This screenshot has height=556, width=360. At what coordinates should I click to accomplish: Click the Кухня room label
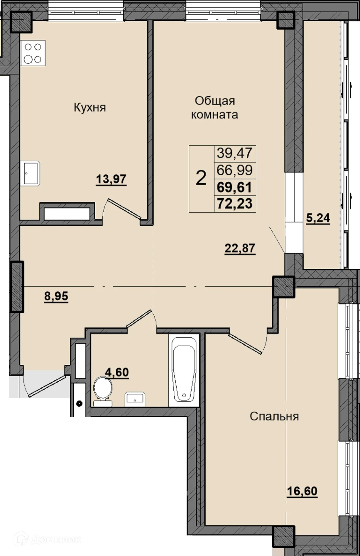click(x=89, y=107)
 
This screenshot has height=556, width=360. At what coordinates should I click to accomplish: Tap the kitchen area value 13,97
click(x=111, y=179)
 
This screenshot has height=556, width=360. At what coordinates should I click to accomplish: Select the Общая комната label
click(x=215, y=107)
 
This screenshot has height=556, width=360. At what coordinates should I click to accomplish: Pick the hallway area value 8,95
click(x=56, y=296)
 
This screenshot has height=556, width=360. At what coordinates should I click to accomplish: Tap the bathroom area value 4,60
click(x=117, y=372)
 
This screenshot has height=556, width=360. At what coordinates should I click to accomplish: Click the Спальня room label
click(x=274, y=416)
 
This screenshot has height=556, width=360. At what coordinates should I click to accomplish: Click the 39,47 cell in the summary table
click(x=235, y=153)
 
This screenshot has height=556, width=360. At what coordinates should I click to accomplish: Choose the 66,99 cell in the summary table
click(x=235, y=170)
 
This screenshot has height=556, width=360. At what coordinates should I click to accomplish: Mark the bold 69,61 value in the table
click(x=235, y=187)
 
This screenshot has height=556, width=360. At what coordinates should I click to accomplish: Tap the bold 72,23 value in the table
click(x=235, y=203)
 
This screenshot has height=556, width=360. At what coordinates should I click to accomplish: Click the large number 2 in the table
click(x=201, y=178)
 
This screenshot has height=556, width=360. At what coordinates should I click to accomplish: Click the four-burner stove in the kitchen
click(x=33, y=53)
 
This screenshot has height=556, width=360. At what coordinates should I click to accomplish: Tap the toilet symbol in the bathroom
click(x=103, y=390)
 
